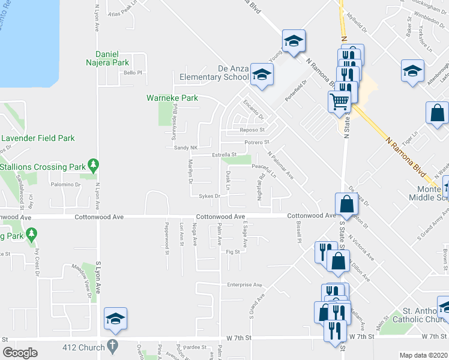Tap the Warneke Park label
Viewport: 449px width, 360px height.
[173, 97]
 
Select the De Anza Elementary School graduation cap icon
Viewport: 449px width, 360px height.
[262, 75]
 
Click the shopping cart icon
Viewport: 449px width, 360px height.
[340, 101]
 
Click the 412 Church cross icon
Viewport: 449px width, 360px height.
[112, 346]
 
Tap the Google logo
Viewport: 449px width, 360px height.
[20, 353]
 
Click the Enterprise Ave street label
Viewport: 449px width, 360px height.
[245, 284]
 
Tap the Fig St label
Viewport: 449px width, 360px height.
[233, 252]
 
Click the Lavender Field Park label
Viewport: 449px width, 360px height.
[38, 138]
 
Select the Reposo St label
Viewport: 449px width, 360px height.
[253, 129]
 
